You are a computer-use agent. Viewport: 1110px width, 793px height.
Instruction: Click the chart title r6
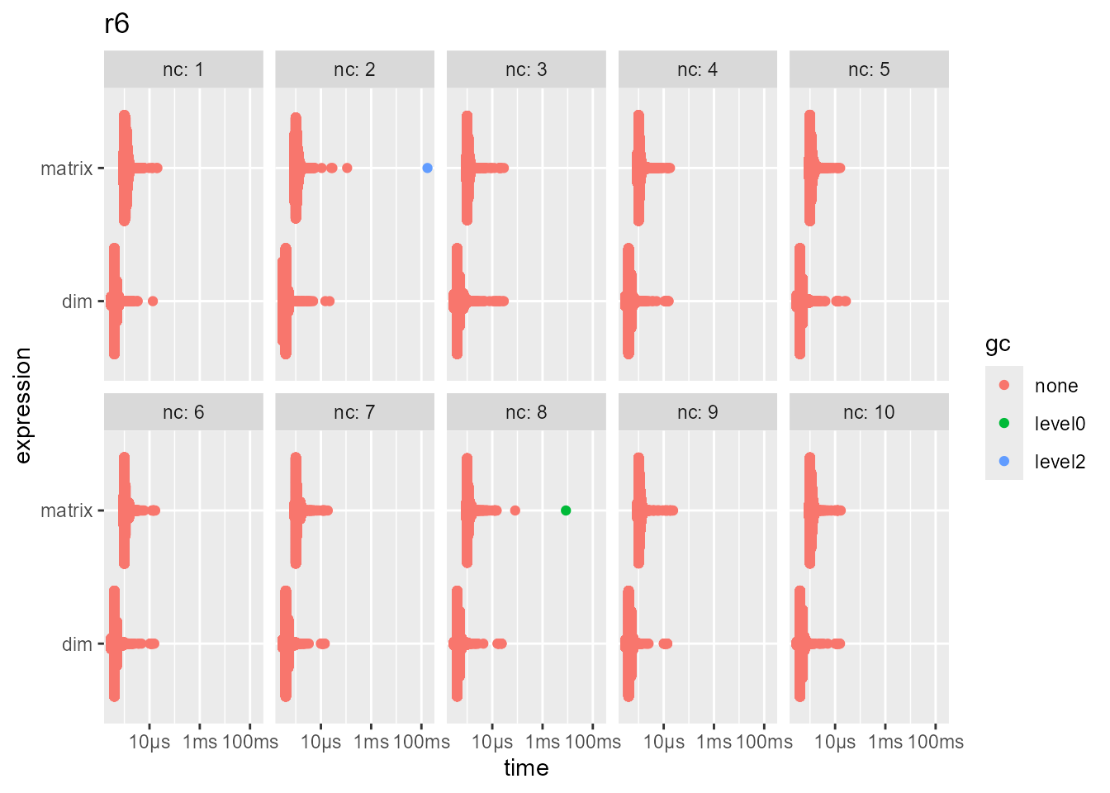(x=116, y=25)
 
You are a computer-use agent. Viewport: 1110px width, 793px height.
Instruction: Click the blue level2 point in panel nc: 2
(x=427, y=168)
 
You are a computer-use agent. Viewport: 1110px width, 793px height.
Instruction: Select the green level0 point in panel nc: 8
(x=566, y=510)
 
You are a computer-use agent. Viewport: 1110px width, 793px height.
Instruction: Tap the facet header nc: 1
(x=183, y=69)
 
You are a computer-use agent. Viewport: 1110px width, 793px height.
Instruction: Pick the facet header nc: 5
(x=869, y=69)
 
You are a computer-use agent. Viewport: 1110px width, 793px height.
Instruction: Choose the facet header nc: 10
(x=869, y=412)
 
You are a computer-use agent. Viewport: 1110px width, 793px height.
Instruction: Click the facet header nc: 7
(x=354, y=412)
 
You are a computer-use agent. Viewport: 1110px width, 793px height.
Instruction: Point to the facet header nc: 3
(x=526, y=69)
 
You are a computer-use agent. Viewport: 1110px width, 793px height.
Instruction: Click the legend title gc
(x=998, y=344)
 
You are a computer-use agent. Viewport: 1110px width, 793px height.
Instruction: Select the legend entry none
(x=1055, y=386)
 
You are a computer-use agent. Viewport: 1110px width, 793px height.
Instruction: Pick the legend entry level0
(x=1060, y=424)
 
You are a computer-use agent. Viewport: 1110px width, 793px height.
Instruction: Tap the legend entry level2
(x=1060, y=462)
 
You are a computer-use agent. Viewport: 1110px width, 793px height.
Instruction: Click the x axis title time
(x=526, y=768)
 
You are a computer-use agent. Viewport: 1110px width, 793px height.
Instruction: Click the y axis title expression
(x=22, y=405)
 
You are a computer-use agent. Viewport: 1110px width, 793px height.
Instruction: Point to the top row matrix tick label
(x=67, y=169)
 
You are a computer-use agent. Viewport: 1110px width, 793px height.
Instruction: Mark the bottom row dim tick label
(x=77, y=644)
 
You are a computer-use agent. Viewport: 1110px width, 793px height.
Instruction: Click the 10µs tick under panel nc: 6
(x=149, y=742)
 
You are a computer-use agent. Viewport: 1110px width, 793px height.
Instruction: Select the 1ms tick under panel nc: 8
(x=543, y=742)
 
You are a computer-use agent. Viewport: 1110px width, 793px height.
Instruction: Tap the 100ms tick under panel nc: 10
(x=936, y=742)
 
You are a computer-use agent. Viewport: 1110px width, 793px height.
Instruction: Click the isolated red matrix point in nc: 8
(x=515, y=510)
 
